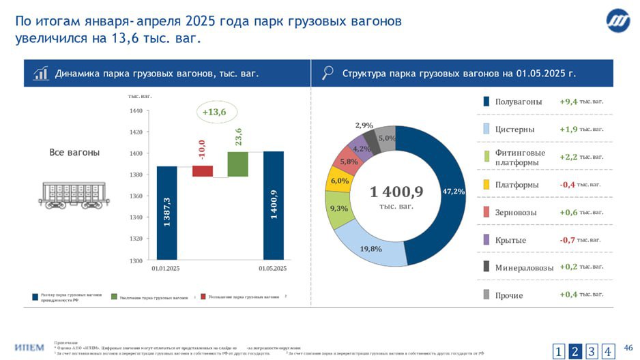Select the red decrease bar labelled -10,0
(203, 171)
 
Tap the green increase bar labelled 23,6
(237, 164)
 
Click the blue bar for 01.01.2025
(166, 213)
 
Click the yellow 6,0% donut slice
(339, 182)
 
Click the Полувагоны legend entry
(518, 102)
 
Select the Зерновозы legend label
(518, 213)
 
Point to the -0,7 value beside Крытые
(567, 240)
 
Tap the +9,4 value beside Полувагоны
(568, 102)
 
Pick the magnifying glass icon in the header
(328, 73)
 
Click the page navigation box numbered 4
(607, 352)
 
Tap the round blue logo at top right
(618, 22)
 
